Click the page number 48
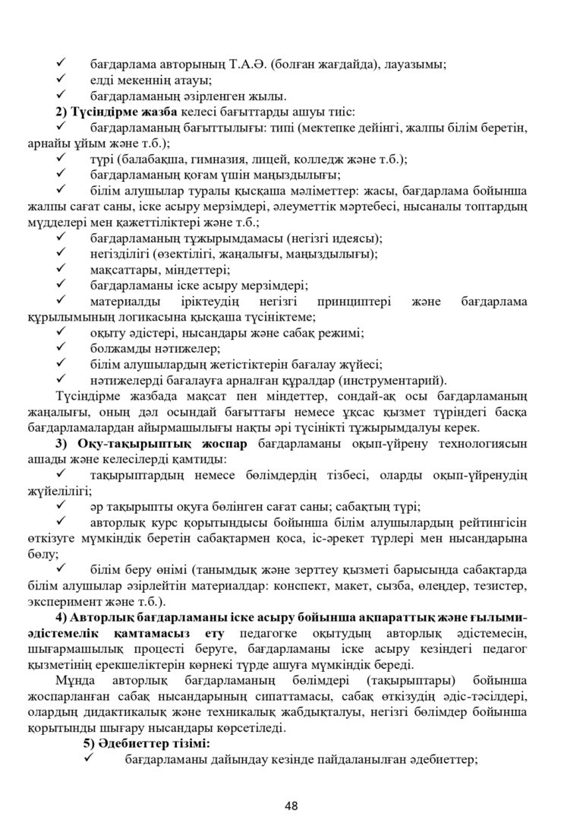tap(291, 805)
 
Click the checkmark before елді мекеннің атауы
tap(64, 80)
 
